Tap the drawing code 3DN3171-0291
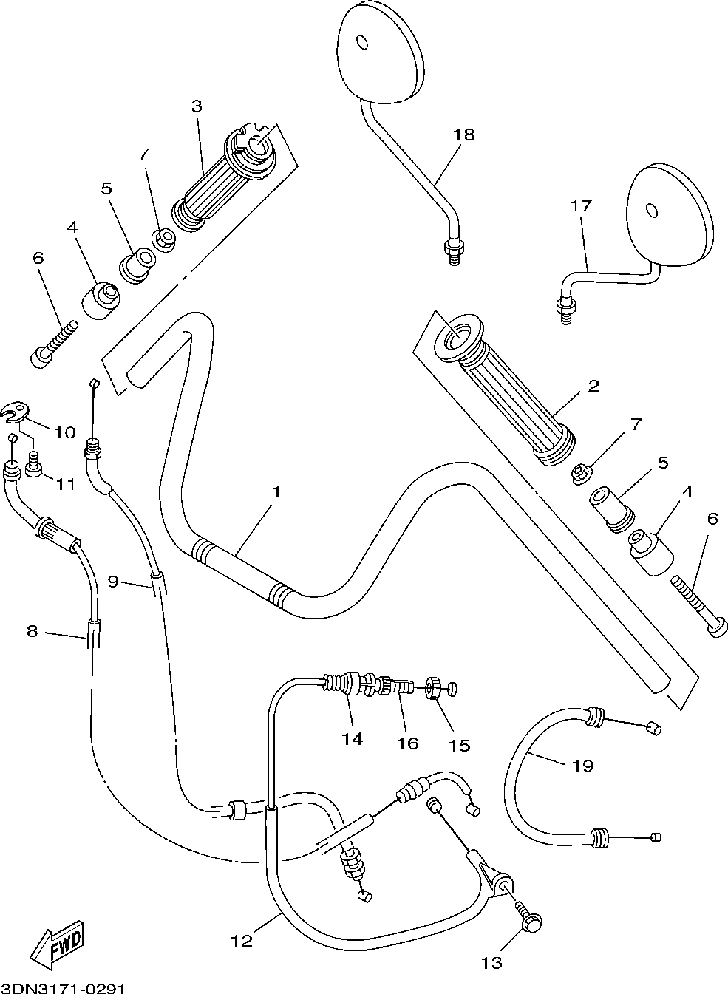pos(63,988)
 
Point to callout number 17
pos(581,206)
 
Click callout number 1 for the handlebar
pos(276,491)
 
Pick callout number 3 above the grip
pos(197,106)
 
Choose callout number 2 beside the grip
pos(593,386)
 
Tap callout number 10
pos(65,432)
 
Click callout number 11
pos(65,483)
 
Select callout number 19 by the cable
pos(583,766)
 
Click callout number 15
pos(460,746)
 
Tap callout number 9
pos(114,582)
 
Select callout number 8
pos(33,631)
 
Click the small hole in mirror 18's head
pos(362,43)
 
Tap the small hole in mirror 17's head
pos(652,211)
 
